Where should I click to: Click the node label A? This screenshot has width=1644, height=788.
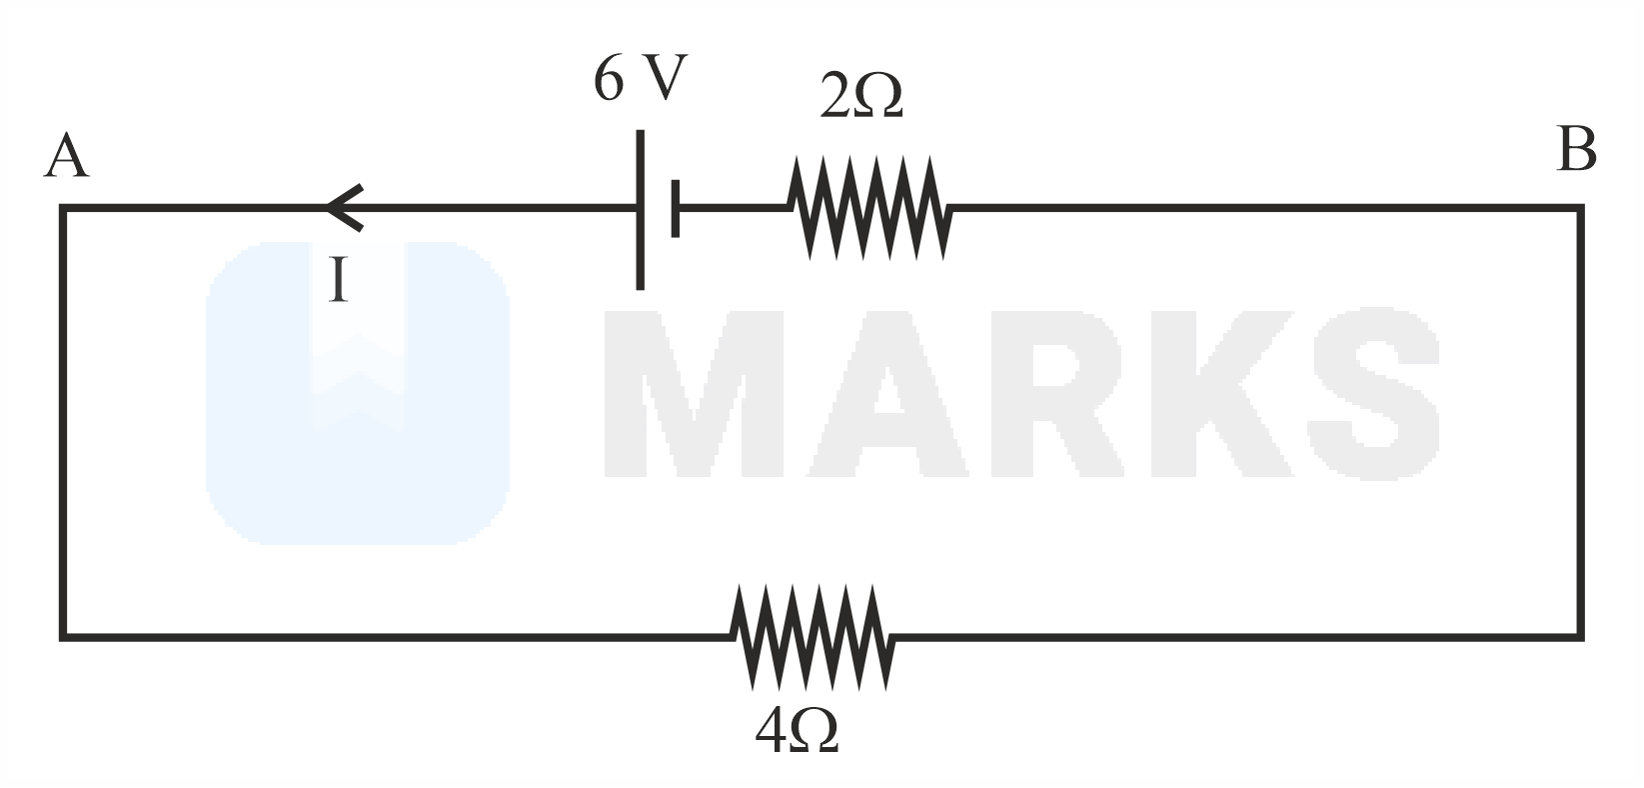[x=67, y=157]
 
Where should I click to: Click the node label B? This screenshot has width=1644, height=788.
[x=1576, y=150]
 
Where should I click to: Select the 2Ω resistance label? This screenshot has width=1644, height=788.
[x=860, y=97]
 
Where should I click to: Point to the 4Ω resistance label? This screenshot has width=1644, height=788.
[x=797, y=733]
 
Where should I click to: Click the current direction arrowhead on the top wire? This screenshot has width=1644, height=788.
[x=344, y=208]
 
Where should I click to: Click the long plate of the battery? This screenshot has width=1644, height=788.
[x=640, y=210]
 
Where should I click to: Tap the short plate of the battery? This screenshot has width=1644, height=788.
[x=676, y=209]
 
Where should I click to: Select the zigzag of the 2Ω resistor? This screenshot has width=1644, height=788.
[x=866, y=208]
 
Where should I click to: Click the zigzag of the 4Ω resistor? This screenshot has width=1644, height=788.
[x=812, y=636]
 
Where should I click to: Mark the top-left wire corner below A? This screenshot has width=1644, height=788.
[x=64, y=209]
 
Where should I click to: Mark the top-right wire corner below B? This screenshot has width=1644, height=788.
[x=1580, y=209]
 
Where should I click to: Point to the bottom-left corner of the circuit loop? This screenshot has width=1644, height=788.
[x=64, y=635]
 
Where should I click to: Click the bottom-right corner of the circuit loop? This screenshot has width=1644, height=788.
[x=1580, y=635]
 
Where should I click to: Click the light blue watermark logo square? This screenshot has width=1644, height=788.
[x=357, y=392]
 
